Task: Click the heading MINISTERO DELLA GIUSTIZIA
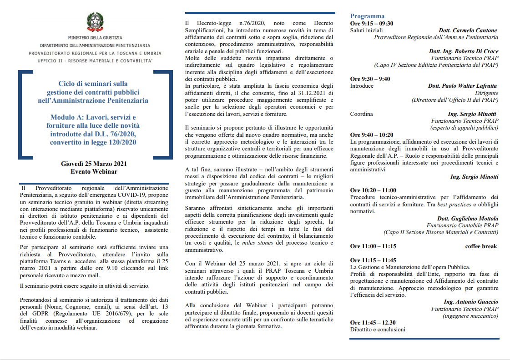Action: click(x=95, y=38)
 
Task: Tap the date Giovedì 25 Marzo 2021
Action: click(x=94, y=164)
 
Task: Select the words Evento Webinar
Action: click(x=94, y=171)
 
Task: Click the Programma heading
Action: click(x=367, y=16)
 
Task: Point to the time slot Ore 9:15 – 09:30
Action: click(x=372, y=24)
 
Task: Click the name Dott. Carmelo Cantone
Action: click(x=468, y=30)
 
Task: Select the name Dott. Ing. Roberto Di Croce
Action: click(x=463, y=51)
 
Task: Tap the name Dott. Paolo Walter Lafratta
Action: click(x=462, y=86)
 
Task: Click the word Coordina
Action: click(x=362, y=114)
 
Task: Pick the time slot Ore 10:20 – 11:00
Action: click(x=373, y=190)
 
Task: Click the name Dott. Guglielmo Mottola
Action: click(x=467, y=218)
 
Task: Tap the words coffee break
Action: click(x=481, y=246)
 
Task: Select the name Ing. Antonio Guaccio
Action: click(x=471, y=302)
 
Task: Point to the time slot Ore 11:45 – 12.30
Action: click(x=373, y=323)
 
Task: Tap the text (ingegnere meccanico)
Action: click(x=470, y=316)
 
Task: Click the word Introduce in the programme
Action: click(x=362, y=86)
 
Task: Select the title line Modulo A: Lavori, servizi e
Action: click(x=93, y=117)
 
